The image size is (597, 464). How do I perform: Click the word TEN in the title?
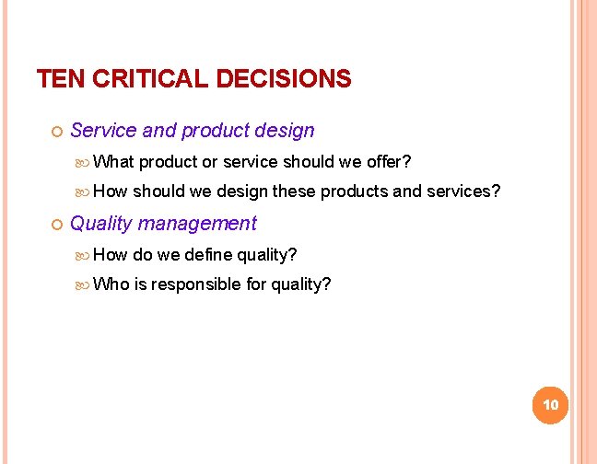(x=58, y=79)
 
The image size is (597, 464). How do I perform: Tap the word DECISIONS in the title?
(x=283, y=79)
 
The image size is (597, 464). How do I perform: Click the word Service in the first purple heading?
(x=103, y=131)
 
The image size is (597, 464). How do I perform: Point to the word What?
(x=113, y=162)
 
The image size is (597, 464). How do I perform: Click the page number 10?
(x=551, y=405)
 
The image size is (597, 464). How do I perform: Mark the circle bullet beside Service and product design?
(x=56, y=132)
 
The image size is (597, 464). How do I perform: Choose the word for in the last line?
(x=256, y=284)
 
